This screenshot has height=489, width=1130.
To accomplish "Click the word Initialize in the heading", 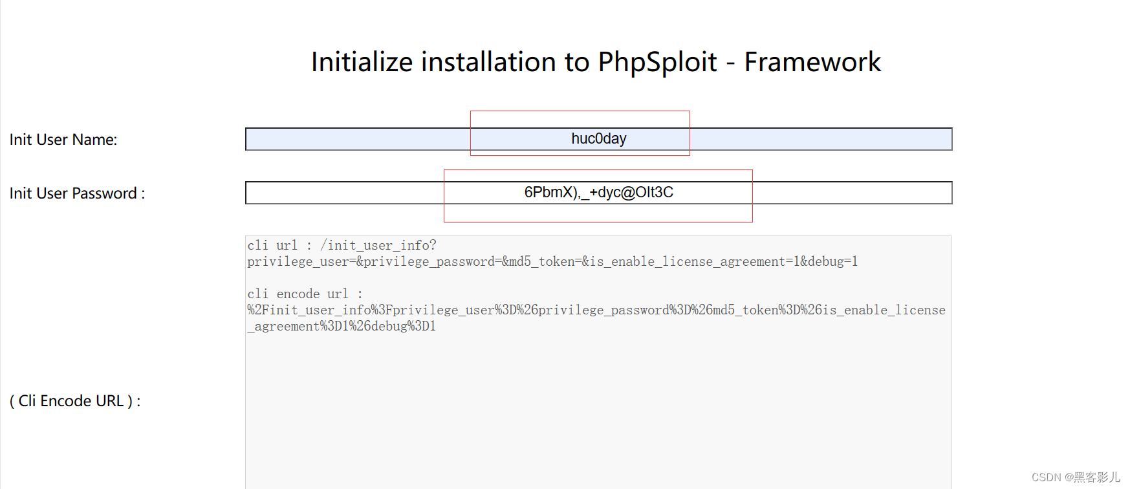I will [362, 63].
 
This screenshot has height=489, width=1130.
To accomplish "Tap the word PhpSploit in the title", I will [657, 63].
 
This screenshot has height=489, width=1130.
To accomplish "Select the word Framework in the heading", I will [812, 63].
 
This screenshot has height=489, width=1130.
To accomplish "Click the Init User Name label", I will [63, 140].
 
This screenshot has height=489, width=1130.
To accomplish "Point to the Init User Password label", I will [77, 193].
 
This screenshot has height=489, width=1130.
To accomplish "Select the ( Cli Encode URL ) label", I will [75, 401].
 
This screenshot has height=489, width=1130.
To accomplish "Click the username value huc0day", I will [598, 139].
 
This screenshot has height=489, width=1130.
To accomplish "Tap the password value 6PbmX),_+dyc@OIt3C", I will [598, 193].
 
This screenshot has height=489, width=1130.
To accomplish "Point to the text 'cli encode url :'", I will [305, 294].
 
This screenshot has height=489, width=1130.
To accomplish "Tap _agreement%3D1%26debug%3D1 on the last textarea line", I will [342, 327].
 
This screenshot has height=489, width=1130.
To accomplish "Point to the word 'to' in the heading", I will [577, 63].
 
